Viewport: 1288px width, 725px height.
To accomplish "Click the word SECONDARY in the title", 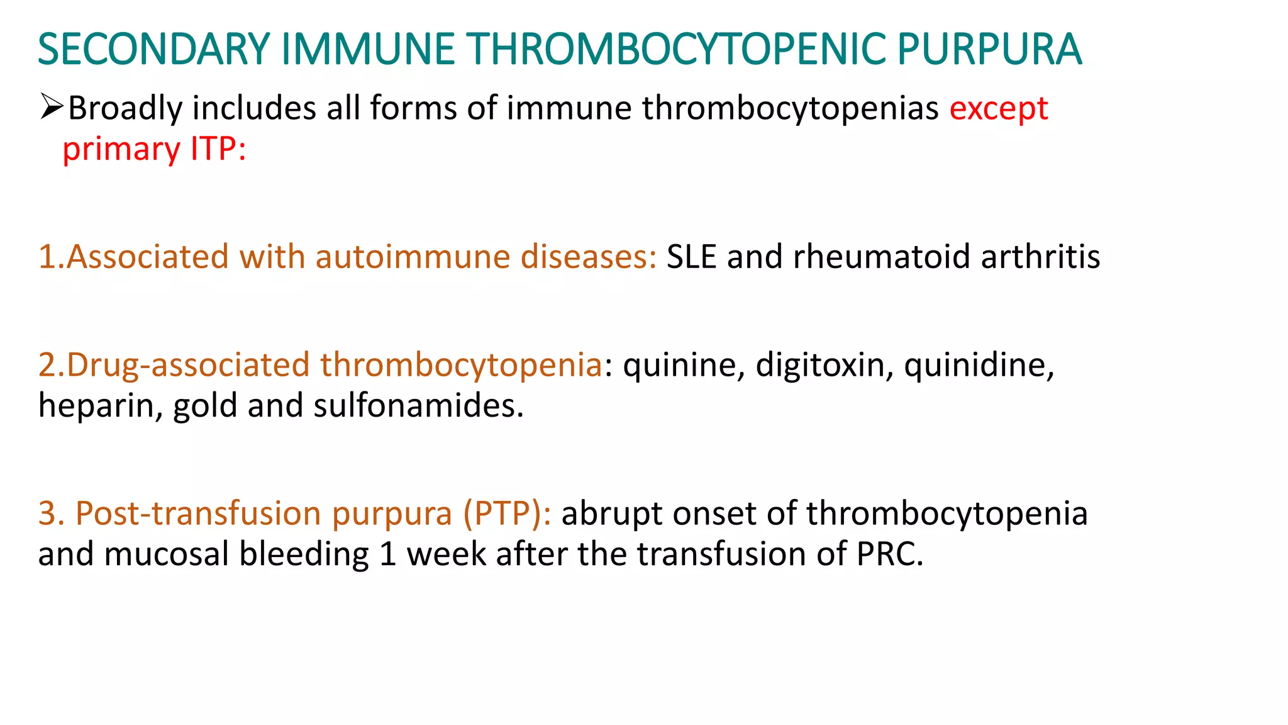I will (154, 49).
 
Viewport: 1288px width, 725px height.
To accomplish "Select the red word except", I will (998, 109).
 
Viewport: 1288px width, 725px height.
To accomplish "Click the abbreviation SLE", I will (691, 257).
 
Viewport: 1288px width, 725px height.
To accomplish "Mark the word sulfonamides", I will (418, 406).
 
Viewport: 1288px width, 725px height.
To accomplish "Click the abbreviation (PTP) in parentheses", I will (507, 513).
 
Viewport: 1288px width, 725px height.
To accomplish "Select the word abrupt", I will (611, 513).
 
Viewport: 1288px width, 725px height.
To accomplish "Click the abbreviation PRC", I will (889, 554).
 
